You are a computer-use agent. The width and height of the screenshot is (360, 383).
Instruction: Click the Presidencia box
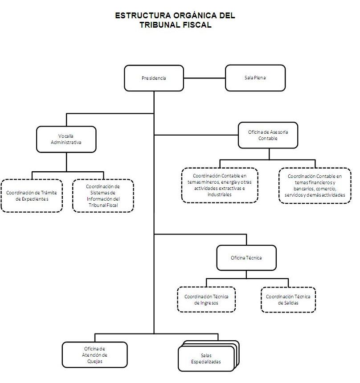(x=154, y=78)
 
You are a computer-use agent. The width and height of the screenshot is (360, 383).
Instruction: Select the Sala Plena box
(x=255, y=78)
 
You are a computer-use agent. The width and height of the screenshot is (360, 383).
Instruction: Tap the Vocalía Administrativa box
(x=66, y=139)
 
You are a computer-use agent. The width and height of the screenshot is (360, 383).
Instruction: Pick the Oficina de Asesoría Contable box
(x=268, y=135)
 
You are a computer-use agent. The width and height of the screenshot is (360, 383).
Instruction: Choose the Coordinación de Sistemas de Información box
(x=103, y=196)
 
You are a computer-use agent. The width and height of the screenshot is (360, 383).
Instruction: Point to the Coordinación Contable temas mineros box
(x=220, y=185)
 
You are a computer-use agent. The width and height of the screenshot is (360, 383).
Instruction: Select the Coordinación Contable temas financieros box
(x=315, y=185)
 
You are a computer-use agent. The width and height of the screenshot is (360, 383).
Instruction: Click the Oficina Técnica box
(x=246, y=258)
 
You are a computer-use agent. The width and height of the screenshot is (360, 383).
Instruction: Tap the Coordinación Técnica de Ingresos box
(x=206, y=299)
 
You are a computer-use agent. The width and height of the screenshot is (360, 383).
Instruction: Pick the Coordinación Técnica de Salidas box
(x=288, y=300)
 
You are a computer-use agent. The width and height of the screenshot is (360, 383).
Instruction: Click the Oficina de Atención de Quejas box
(x=94, y=355)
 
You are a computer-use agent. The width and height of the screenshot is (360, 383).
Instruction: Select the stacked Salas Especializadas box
(x=207, y=358)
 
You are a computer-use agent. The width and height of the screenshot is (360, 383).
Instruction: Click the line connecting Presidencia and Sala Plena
(x=205, y=78)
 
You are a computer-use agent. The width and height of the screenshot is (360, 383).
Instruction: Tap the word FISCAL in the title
(x=196, y=25)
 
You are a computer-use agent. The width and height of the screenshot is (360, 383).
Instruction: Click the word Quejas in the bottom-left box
(x=94, y=361)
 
